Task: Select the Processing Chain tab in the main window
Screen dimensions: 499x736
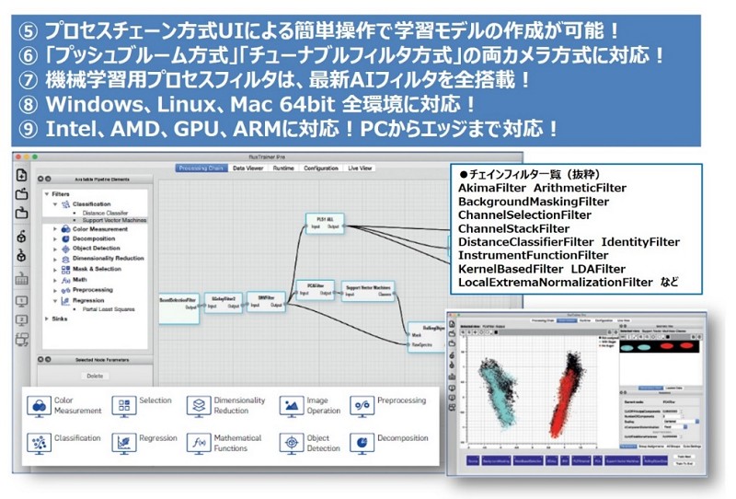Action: (x=201, y=168)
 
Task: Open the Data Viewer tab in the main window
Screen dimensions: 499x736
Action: (x=249, y=168)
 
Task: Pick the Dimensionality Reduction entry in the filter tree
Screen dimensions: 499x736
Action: (x=108, y=259)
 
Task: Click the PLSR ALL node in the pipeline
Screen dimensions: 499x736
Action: (x=323, y=225)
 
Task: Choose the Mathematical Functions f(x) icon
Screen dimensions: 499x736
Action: (x=200, y=444)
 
